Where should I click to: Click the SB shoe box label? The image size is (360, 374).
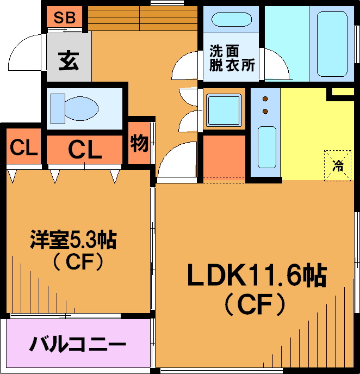coord(64,17)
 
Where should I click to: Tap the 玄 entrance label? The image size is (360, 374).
coord(69,60)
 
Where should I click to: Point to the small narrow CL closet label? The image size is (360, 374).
coord(23,148)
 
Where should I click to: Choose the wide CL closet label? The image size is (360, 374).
coord(85,149)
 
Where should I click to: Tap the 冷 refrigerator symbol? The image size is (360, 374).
coord(338,165)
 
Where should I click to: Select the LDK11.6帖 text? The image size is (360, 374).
coord(256,276)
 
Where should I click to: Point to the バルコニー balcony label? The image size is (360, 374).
coord(78,345)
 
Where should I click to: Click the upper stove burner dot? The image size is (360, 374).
coord(265,99)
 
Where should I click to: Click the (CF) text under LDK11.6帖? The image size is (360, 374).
coord(255,304)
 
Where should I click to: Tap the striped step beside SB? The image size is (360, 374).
coord(141,19)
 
